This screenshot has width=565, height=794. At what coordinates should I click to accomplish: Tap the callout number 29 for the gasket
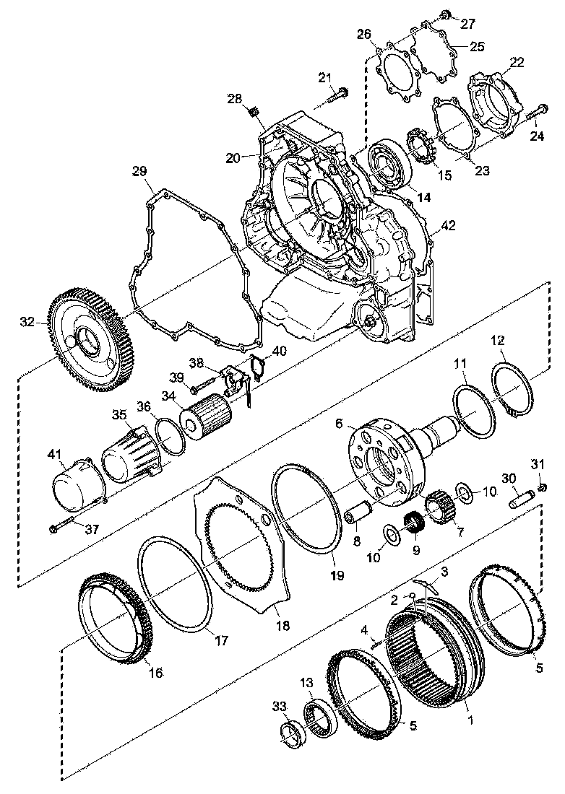coord(139,171)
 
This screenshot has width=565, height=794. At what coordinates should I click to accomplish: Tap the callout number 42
coord(448,226)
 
